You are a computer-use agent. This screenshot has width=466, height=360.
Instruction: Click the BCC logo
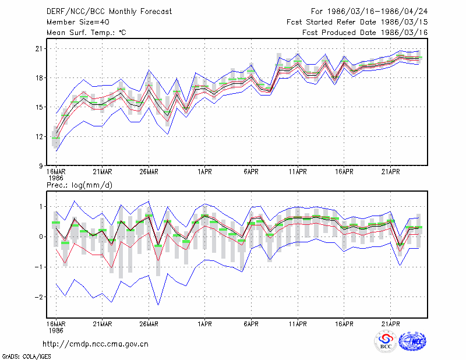(386, 341)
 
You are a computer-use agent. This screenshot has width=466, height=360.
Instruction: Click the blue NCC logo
(412, 341)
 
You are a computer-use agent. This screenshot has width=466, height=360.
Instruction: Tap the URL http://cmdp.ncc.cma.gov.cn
(96, 344)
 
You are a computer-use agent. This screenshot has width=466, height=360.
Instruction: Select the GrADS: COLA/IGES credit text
(26, 357)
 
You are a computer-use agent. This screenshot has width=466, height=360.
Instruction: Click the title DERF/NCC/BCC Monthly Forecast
(109, 12)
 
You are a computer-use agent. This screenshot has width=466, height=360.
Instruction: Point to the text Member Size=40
(78, 22)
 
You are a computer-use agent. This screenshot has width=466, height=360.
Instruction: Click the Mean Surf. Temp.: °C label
(86, 33)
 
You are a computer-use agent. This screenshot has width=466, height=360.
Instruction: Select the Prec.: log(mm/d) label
(79, 185)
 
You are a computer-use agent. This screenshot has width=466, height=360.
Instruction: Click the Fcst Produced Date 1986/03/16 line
(365, 33)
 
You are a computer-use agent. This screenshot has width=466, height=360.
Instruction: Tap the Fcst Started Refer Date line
(357, 22)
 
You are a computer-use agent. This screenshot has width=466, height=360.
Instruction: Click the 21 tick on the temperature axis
(39, 48)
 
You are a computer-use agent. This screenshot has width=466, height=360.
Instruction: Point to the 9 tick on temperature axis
(41, 166)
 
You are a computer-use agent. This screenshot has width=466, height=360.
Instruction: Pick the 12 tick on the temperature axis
(39, 137)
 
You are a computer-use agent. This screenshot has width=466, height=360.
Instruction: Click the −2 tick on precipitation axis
(38, 297)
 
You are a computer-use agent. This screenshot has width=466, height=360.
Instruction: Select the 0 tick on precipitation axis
(41, 237)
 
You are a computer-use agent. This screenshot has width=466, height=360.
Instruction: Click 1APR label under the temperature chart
(204, 172)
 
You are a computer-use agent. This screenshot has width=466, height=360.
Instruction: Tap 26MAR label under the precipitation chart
(149, 324)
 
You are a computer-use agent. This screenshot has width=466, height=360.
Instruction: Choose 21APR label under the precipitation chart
(390, 324)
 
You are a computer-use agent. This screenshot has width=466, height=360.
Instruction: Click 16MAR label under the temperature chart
(56, 172)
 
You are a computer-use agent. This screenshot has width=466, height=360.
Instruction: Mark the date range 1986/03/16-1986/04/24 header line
(369, 12)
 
